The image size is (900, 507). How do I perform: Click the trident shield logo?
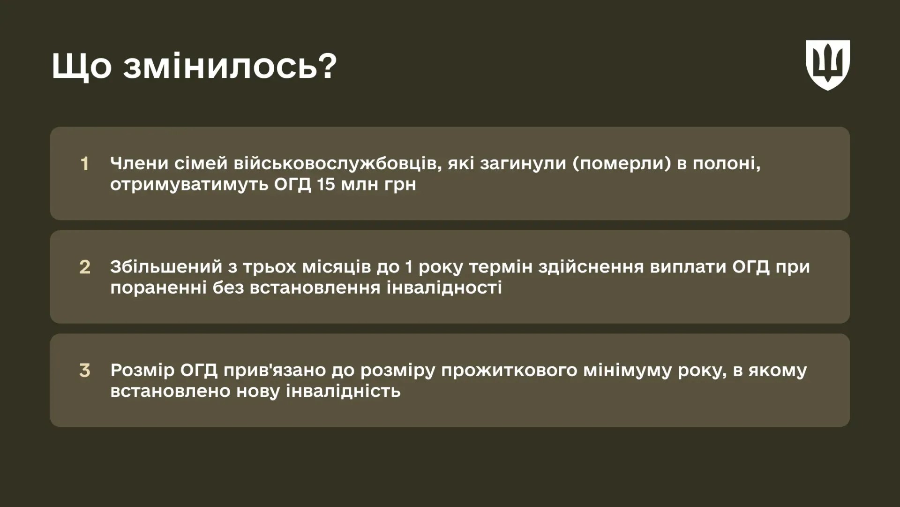point(827,65)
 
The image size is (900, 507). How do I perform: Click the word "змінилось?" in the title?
point(230,67)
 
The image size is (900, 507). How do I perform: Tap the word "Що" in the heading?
point(81,67)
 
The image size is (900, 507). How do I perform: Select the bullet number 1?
point(84,164)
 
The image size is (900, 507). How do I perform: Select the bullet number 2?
point(84,267)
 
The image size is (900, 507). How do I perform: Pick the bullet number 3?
point(84,371)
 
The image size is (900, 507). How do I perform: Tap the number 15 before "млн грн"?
point(326,184)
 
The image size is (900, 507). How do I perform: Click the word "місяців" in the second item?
point(336,267)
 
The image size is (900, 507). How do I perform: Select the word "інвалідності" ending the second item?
point(444,288)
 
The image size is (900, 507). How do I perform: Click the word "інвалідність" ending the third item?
point(343,391)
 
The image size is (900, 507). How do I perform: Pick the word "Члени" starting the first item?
point(139,163)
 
